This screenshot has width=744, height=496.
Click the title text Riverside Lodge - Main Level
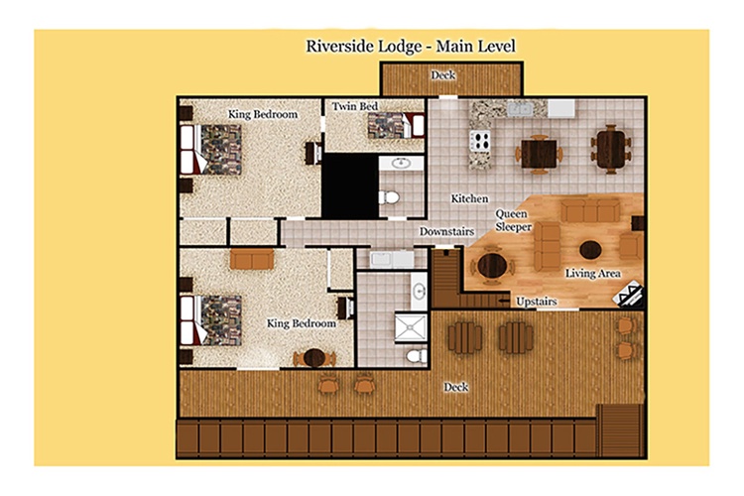(x=411, y=47)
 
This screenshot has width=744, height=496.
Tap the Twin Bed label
(x=355, y=106)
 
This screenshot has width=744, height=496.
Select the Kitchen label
(x=469, y=198)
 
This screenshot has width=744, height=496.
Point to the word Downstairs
(x=446, y=231)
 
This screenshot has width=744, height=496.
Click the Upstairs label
(x=536, y=302)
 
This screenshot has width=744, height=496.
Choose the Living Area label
(x=592, y=274)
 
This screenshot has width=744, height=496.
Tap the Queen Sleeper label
(x=513, y=220)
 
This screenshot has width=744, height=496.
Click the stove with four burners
(x=480, y=141)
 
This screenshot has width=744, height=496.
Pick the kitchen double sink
(x=520, y=109)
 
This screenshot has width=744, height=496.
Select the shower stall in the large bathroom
(x=411, y=326)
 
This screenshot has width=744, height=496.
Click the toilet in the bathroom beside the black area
(x=389, y=196)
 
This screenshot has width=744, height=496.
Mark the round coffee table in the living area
(x=590, y=250)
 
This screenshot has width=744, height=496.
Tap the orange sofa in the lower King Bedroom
(x=252, y=259)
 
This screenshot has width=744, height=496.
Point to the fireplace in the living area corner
(x=628, y=295)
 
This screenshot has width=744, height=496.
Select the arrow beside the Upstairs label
(x=503, y=301)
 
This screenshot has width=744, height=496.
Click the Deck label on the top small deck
(x=443, y=75)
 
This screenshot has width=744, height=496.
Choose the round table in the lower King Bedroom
(x=314, y=358)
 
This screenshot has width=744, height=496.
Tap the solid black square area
(x=350, y=186)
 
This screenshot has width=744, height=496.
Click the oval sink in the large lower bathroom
(x=419, y=291)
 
